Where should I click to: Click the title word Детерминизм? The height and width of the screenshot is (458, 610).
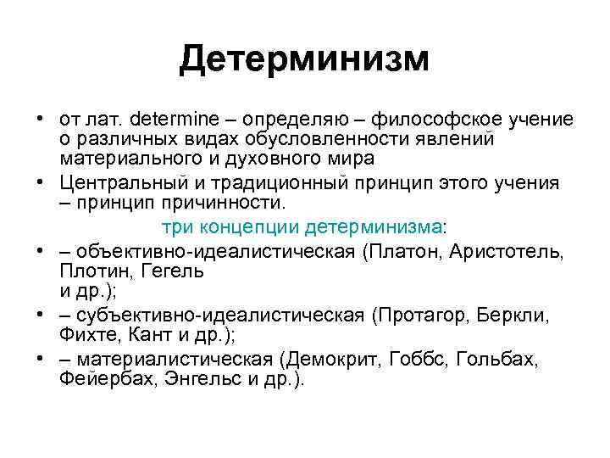(304, 59)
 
